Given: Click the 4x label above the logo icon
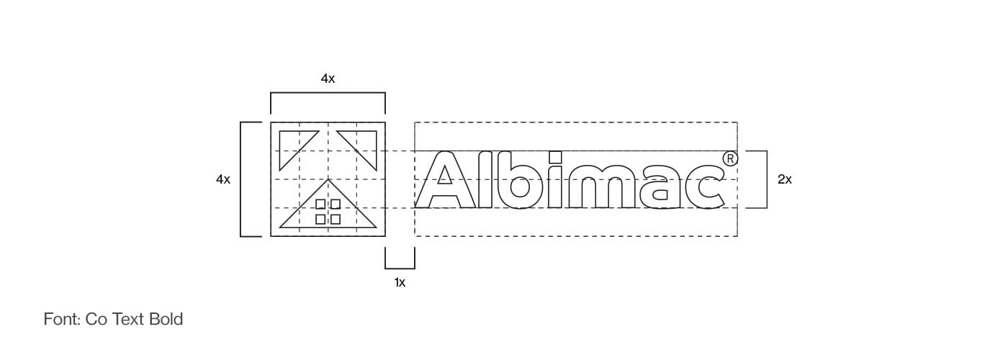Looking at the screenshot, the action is coord(328,78).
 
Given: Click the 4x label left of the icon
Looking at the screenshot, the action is coord(223,179).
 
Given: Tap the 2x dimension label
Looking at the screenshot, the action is coord(784,179).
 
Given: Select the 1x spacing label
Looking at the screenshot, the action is coord(400,282).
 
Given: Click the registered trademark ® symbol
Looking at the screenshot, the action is coord(730,159).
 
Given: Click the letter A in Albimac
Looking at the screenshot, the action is coord(445,179).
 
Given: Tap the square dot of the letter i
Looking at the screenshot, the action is coord(556,157).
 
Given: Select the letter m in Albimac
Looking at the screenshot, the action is coord(602,186).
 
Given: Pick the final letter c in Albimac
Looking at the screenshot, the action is coord(704,187).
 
